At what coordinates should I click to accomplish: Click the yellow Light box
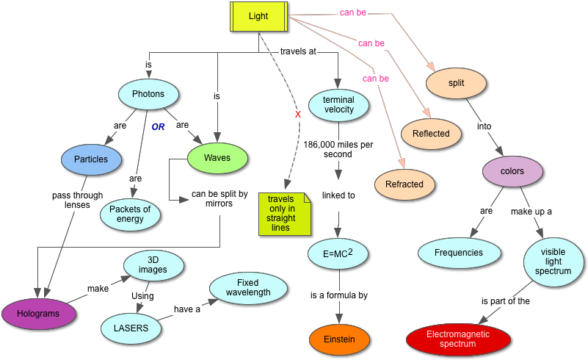[258, 16]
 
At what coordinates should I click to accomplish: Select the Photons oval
[148, 94]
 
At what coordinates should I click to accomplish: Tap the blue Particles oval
[91, 159]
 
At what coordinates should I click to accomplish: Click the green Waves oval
[217, 158]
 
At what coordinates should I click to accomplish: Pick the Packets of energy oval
[130, 214]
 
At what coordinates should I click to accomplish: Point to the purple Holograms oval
[39, 314]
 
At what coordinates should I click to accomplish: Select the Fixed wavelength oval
[248, 288]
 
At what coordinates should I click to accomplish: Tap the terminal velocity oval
[338, 105]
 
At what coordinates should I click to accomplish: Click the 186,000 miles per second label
[338, 150]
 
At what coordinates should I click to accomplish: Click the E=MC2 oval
[338, 253]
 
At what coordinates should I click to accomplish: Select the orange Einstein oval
[339, 339]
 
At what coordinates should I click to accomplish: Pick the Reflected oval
[431, 134]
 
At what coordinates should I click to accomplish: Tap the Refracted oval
[404, 184]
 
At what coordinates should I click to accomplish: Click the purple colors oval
[512, 171]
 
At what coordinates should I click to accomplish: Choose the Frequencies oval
[459, 253]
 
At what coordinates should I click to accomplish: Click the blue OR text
[158, 127]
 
